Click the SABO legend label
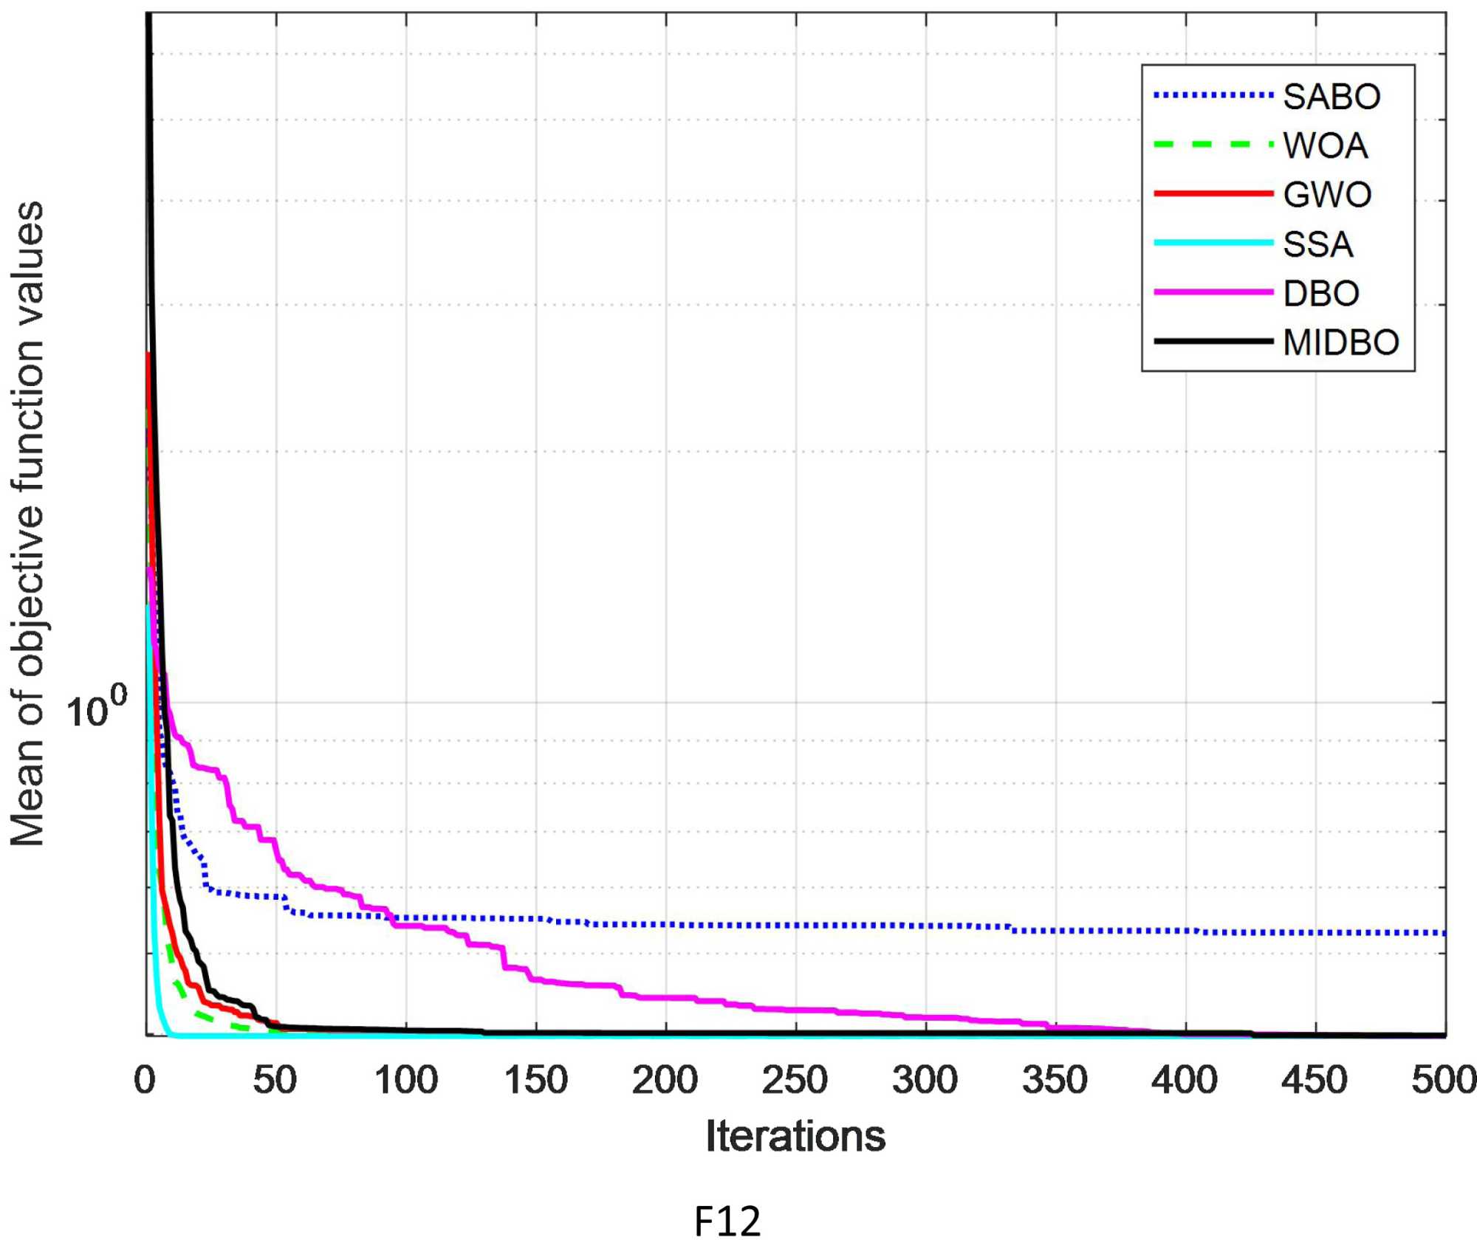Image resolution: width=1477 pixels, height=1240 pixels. [1332, 97]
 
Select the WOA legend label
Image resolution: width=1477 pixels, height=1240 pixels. [1326, 145]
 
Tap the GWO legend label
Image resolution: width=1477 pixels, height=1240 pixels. [1327, 195]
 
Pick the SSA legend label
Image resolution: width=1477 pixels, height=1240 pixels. [1318, 244]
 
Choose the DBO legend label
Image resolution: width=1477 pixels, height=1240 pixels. [1321, 294]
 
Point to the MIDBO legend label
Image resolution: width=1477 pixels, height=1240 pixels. [1341, 342]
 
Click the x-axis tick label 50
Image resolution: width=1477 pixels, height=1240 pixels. [275, 1081]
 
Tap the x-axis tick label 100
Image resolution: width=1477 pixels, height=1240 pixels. [405, 1081]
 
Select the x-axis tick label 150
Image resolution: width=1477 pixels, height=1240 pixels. [535, 1081]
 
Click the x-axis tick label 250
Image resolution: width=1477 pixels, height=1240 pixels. [795, 1081]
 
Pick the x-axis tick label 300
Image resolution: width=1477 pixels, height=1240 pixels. [925, 1081]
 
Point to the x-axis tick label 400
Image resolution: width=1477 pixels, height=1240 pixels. [1185, 1081]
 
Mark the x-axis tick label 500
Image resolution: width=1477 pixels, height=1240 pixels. [1444, 1081]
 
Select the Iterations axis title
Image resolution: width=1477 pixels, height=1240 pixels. [795, 1136]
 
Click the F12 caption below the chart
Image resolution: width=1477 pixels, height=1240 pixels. [727, 1220]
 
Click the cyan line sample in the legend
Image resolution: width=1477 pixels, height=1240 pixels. [1213, 243]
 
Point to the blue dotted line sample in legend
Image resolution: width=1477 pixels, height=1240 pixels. [1213, 95]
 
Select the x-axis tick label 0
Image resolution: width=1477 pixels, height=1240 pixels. [145, 1081]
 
